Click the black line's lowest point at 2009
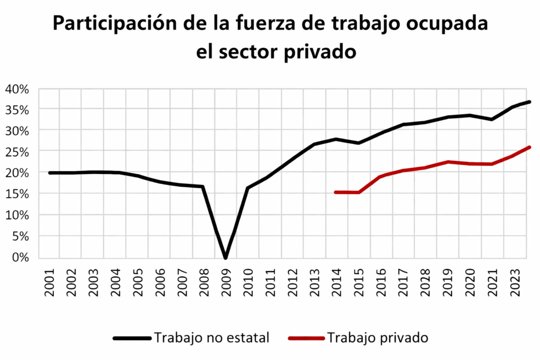[226, 257]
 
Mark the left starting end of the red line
[336, 192]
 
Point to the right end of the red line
[529, 147]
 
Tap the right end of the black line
[529, 102]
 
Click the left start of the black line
[50, 172]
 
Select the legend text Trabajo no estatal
[211, 338]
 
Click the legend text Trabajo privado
[378, 338]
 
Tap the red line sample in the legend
[306, 338]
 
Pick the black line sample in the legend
[132, 338]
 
